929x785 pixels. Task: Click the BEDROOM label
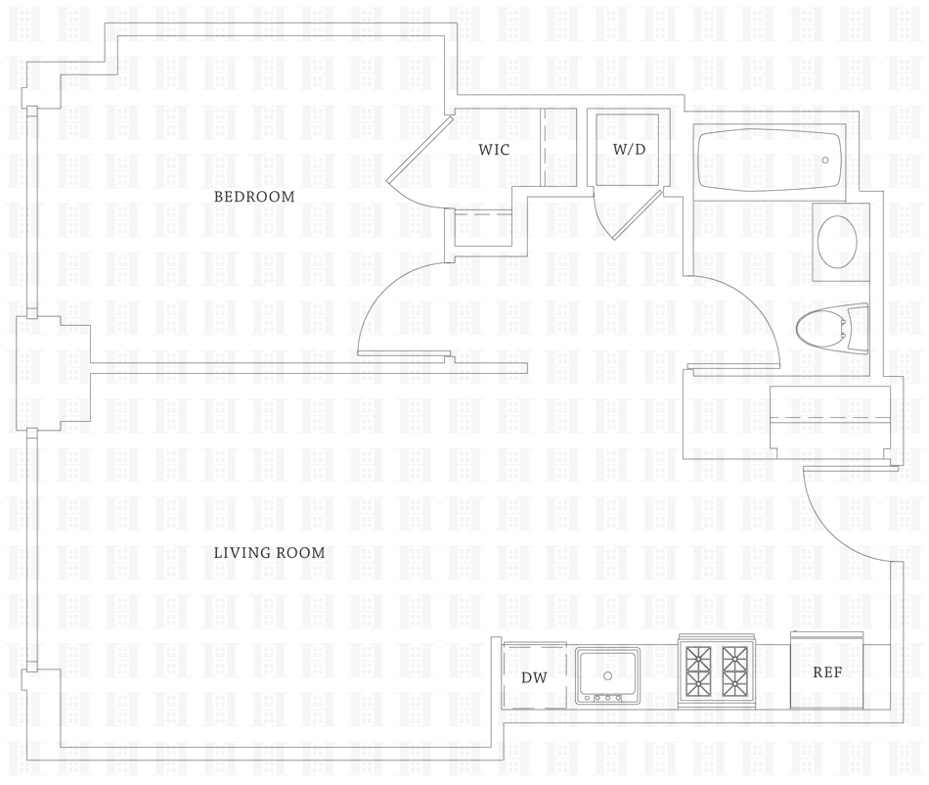[254, 197]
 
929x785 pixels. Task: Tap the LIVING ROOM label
[269, 553]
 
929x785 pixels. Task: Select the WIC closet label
[494, 149]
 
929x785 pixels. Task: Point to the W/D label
[629, 149]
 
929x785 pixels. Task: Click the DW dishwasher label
[533, 677]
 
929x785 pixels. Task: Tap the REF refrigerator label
[827, 672]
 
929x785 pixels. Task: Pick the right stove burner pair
[736, 670]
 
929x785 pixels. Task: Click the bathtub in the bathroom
[769, 161]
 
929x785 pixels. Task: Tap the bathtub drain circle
[825, 160]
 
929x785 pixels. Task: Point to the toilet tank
[860, 330]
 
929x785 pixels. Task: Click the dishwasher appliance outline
[534, 675]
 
